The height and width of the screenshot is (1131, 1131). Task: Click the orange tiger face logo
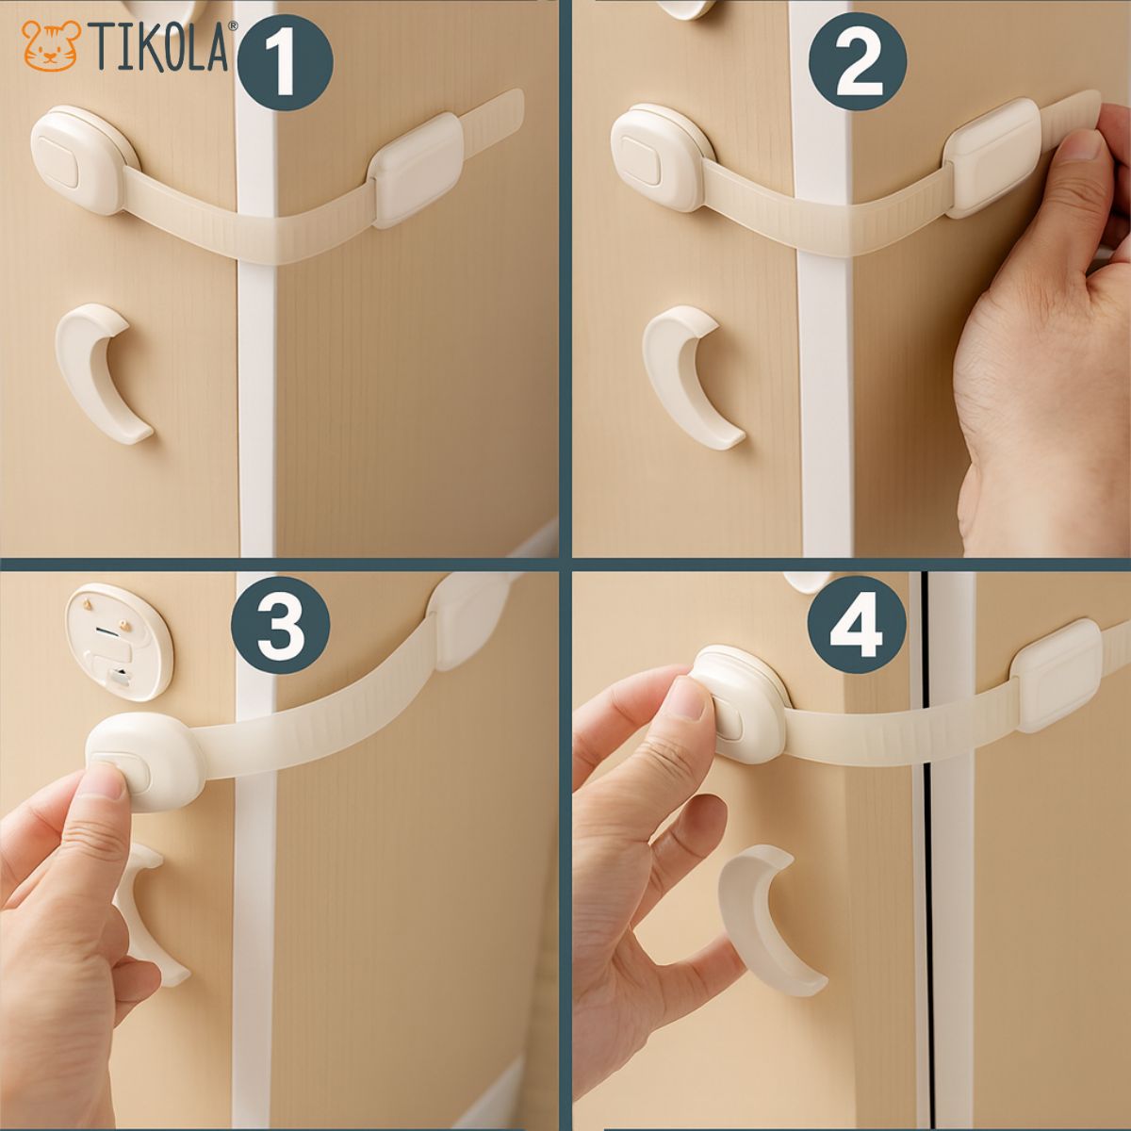point(51,46)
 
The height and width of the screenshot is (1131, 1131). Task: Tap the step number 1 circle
point(286,62)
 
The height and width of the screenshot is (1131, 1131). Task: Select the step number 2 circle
point(858,62)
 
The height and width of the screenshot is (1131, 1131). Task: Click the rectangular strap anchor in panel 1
point(416,170)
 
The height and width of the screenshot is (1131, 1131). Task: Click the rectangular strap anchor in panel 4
point(1056,676)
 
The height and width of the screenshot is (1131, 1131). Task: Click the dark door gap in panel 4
point(926,851)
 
